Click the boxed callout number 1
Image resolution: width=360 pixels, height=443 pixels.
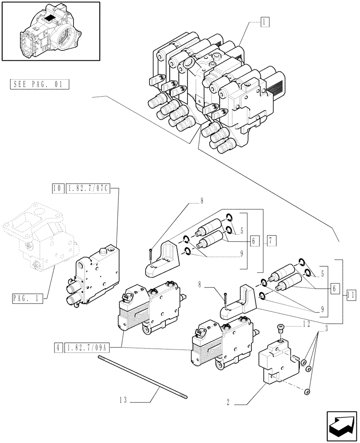[x=264, y=21]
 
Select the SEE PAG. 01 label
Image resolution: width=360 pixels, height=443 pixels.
[x=39, y=84]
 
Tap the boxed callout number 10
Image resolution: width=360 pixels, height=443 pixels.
[x=57, y=189]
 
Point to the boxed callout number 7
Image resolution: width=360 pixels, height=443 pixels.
[x=271, y=241]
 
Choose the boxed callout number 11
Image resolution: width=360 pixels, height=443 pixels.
[x=350, y=293]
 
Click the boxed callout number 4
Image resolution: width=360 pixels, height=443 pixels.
[x=58, y=347]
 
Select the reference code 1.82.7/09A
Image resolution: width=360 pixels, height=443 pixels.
[x=86, y=347]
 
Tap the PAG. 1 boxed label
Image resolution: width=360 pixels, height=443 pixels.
[x=27, y=299]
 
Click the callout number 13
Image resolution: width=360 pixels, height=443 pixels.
[x=123, y=400]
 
